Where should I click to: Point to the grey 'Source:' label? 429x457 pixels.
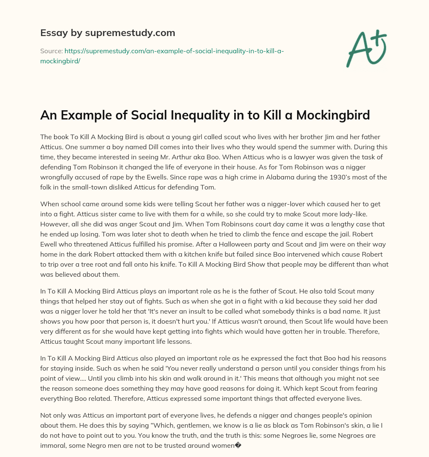(51, 51)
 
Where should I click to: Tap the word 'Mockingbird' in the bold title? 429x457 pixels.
(333, 114)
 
